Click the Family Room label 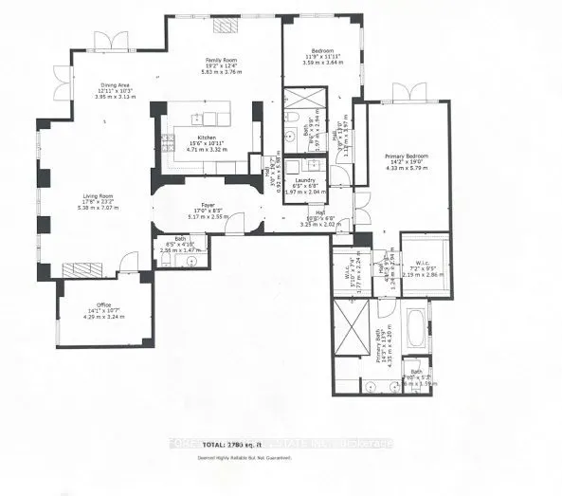tap(222, 58)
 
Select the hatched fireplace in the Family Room tap(224, 28)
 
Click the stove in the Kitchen tap(167, 145)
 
